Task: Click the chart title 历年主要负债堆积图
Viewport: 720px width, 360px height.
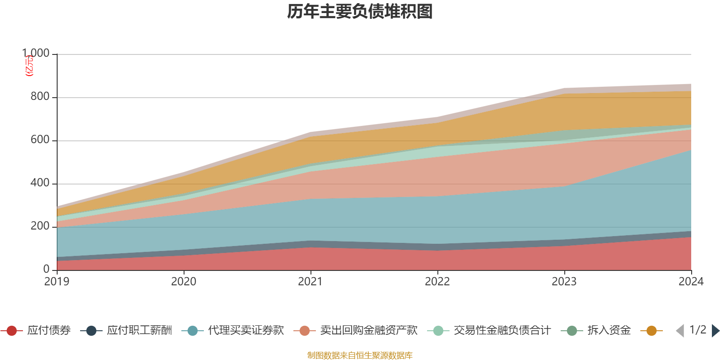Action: tap(360, 12)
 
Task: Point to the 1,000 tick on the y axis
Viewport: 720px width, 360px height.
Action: tap(36, 54)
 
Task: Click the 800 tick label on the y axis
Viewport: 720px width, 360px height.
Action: tap(40, 97)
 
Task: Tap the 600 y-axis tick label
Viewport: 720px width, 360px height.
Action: tap(40, 140)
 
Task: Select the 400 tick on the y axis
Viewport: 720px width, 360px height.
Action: tap(40, 183)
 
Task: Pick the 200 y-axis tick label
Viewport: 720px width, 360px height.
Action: tap(40, 226)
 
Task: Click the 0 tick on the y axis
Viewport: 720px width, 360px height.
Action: tap(46, 269)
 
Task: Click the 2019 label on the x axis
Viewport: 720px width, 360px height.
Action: tap(57, 282)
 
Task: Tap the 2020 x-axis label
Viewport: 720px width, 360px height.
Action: tap(184, 282)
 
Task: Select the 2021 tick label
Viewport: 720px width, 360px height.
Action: tap(310, 282)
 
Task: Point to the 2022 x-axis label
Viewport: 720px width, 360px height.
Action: tap(437, 282)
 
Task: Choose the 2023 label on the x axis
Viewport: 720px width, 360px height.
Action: tap(564, 282)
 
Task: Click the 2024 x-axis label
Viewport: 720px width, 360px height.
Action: tap(691, 282)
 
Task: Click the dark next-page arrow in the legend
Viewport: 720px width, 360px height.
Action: tap(715, 331)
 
